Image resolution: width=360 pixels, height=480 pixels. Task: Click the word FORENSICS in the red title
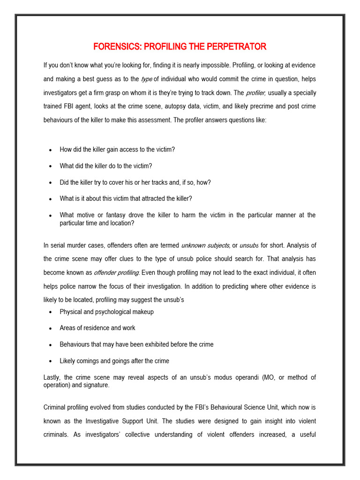(117, 46)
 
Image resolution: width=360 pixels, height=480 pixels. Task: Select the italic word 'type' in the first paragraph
(147, 79)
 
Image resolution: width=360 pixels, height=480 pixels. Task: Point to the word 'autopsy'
(197, 106)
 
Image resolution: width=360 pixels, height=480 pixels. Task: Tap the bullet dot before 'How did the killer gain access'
(50, 150)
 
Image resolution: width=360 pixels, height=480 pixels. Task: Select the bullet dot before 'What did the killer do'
(50, 166)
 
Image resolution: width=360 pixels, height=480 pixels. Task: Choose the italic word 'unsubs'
(249, 245)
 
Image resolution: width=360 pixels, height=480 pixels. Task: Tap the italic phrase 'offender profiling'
(116, 272)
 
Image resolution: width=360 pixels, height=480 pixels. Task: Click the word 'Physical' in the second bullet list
(71, 312)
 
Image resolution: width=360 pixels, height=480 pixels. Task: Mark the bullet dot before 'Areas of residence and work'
(50, 329)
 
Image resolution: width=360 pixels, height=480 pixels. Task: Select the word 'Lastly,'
(53, 377)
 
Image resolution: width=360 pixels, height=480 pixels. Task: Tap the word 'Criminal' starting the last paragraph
(55, 407)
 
